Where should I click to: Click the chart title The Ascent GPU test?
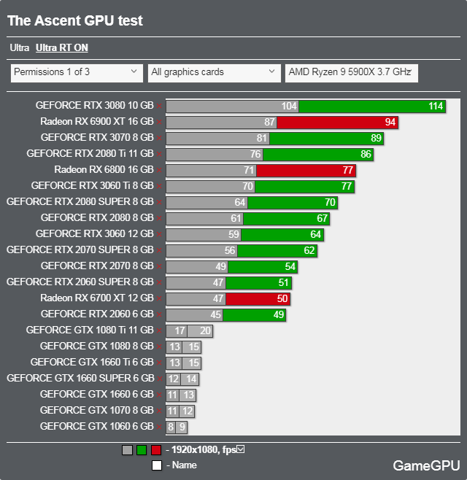click(x=75, y=21)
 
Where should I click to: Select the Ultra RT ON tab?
click(x=61, y=48)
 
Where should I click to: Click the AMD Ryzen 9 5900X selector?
click(x=351, y=72)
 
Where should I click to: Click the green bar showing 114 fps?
click(x=372, y=106)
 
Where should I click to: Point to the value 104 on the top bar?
click(x=289, y=106)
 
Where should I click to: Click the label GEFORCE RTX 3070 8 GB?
click(x=97, y=137)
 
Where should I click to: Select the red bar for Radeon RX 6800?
click(x=306, y=170)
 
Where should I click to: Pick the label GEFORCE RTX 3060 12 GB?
click(x=94, y=233)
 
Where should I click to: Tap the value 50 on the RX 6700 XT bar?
click(x=282, y=298)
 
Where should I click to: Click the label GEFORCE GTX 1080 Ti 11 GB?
click(x=90, y=330)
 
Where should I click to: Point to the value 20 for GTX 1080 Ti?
click(x=205, y=330)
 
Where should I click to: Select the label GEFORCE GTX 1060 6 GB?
click(x=97, y=426)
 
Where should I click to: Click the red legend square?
click(x=156, y=450)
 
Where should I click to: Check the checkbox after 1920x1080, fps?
click(x=241, y=449)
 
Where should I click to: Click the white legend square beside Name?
click(x=156, y=465)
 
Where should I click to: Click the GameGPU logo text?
click(x=426, y=465)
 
